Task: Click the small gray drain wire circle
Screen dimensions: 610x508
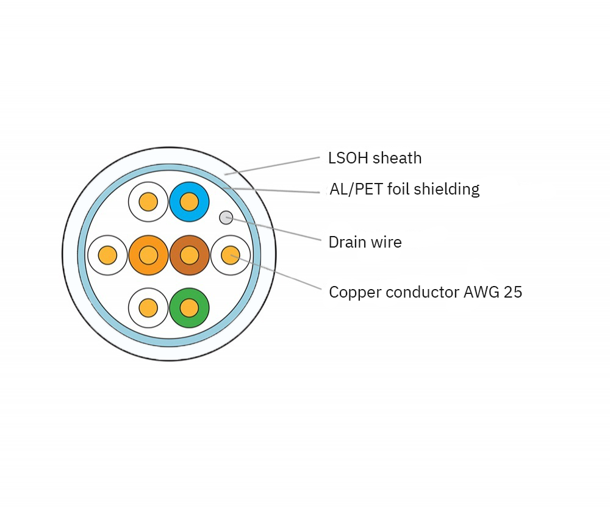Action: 226,218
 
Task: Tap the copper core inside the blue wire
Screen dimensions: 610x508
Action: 190,202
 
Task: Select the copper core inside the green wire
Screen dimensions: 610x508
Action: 190,308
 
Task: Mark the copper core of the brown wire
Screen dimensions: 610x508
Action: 190,255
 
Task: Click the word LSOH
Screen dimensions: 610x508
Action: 348,159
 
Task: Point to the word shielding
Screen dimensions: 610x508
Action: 447,190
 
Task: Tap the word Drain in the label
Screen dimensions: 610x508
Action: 346,242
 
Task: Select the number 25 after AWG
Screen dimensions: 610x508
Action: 513,292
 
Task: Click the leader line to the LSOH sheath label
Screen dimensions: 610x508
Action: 272,166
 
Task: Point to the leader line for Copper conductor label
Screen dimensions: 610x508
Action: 276,272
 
